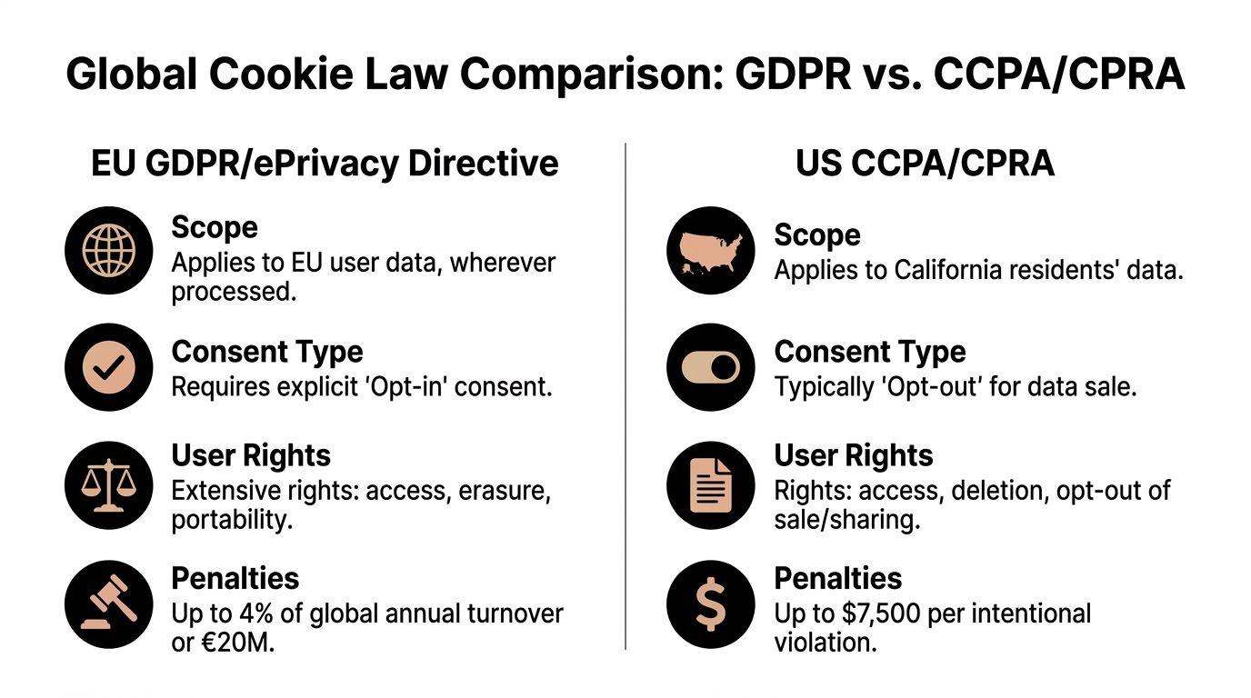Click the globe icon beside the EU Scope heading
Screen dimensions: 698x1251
[108, 250]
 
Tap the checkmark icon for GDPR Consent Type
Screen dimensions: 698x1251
[108, 367]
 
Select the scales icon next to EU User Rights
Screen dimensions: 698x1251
[108, 485]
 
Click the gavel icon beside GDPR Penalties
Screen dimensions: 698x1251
[108, 603]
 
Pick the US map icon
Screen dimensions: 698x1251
[710, 250]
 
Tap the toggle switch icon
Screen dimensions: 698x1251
[710, 367]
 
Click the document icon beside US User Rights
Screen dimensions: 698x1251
[710, 485]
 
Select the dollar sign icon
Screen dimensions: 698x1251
[710, 603]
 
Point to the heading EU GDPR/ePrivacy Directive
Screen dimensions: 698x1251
[325, 164]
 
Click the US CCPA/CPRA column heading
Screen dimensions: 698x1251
[925, 164]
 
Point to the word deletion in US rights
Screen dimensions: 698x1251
[966, 492]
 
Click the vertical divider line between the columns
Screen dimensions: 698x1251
[625, 395]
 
